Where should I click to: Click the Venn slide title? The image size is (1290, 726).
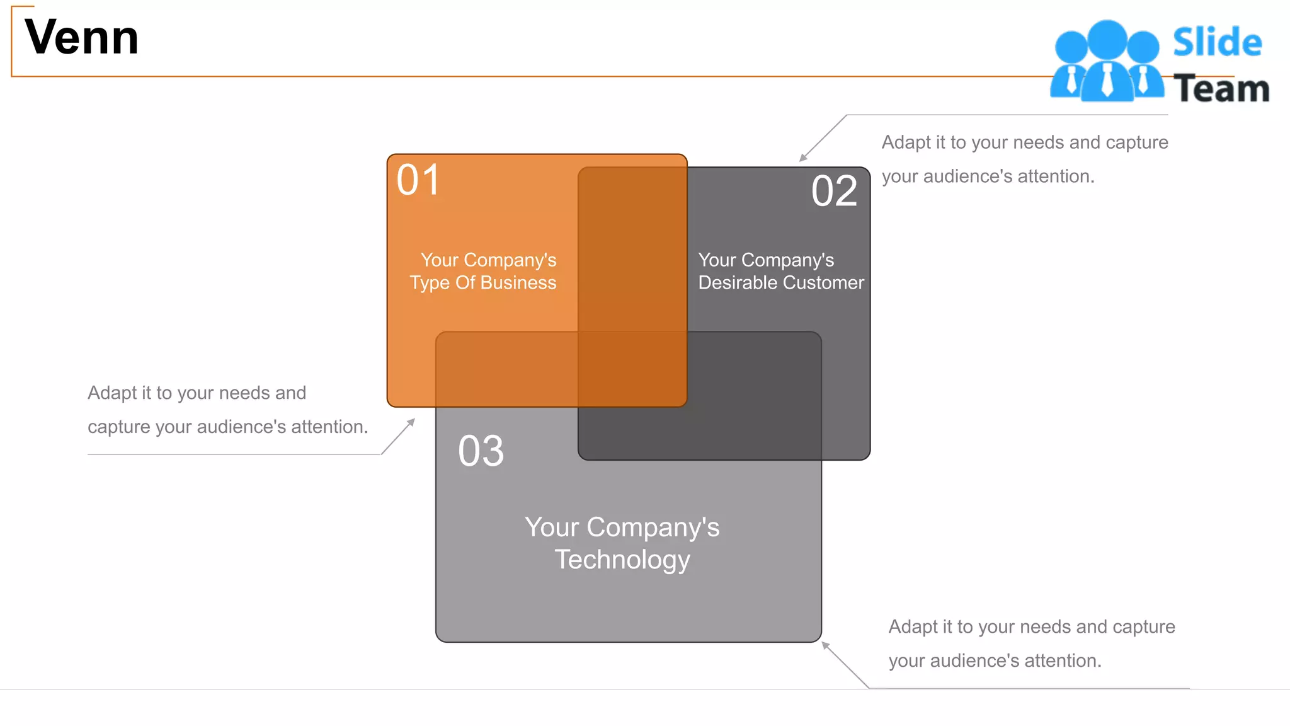coord(81,38)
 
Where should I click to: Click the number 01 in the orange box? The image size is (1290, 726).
coord(418,180)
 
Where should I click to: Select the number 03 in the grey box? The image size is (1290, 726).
coord(481,451)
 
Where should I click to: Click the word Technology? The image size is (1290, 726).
coord(622,560)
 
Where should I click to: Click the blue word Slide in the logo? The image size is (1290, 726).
coord(1217,43)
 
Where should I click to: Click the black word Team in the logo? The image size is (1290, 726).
coord(1221,89)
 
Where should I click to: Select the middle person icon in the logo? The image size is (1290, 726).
coord(1107,60)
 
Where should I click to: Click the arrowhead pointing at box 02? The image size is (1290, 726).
coord(802,158)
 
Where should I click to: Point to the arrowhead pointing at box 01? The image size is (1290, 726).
coord(411,422)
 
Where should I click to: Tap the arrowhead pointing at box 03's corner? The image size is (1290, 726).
coord(825,645)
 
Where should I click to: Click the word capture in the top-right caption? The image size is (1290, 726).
coord(1136,142)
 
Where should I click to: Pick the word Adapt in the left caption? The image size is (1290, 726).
coord(111,393)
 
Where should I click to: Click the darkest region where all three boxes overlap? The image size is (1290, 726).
coord(632,369)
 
